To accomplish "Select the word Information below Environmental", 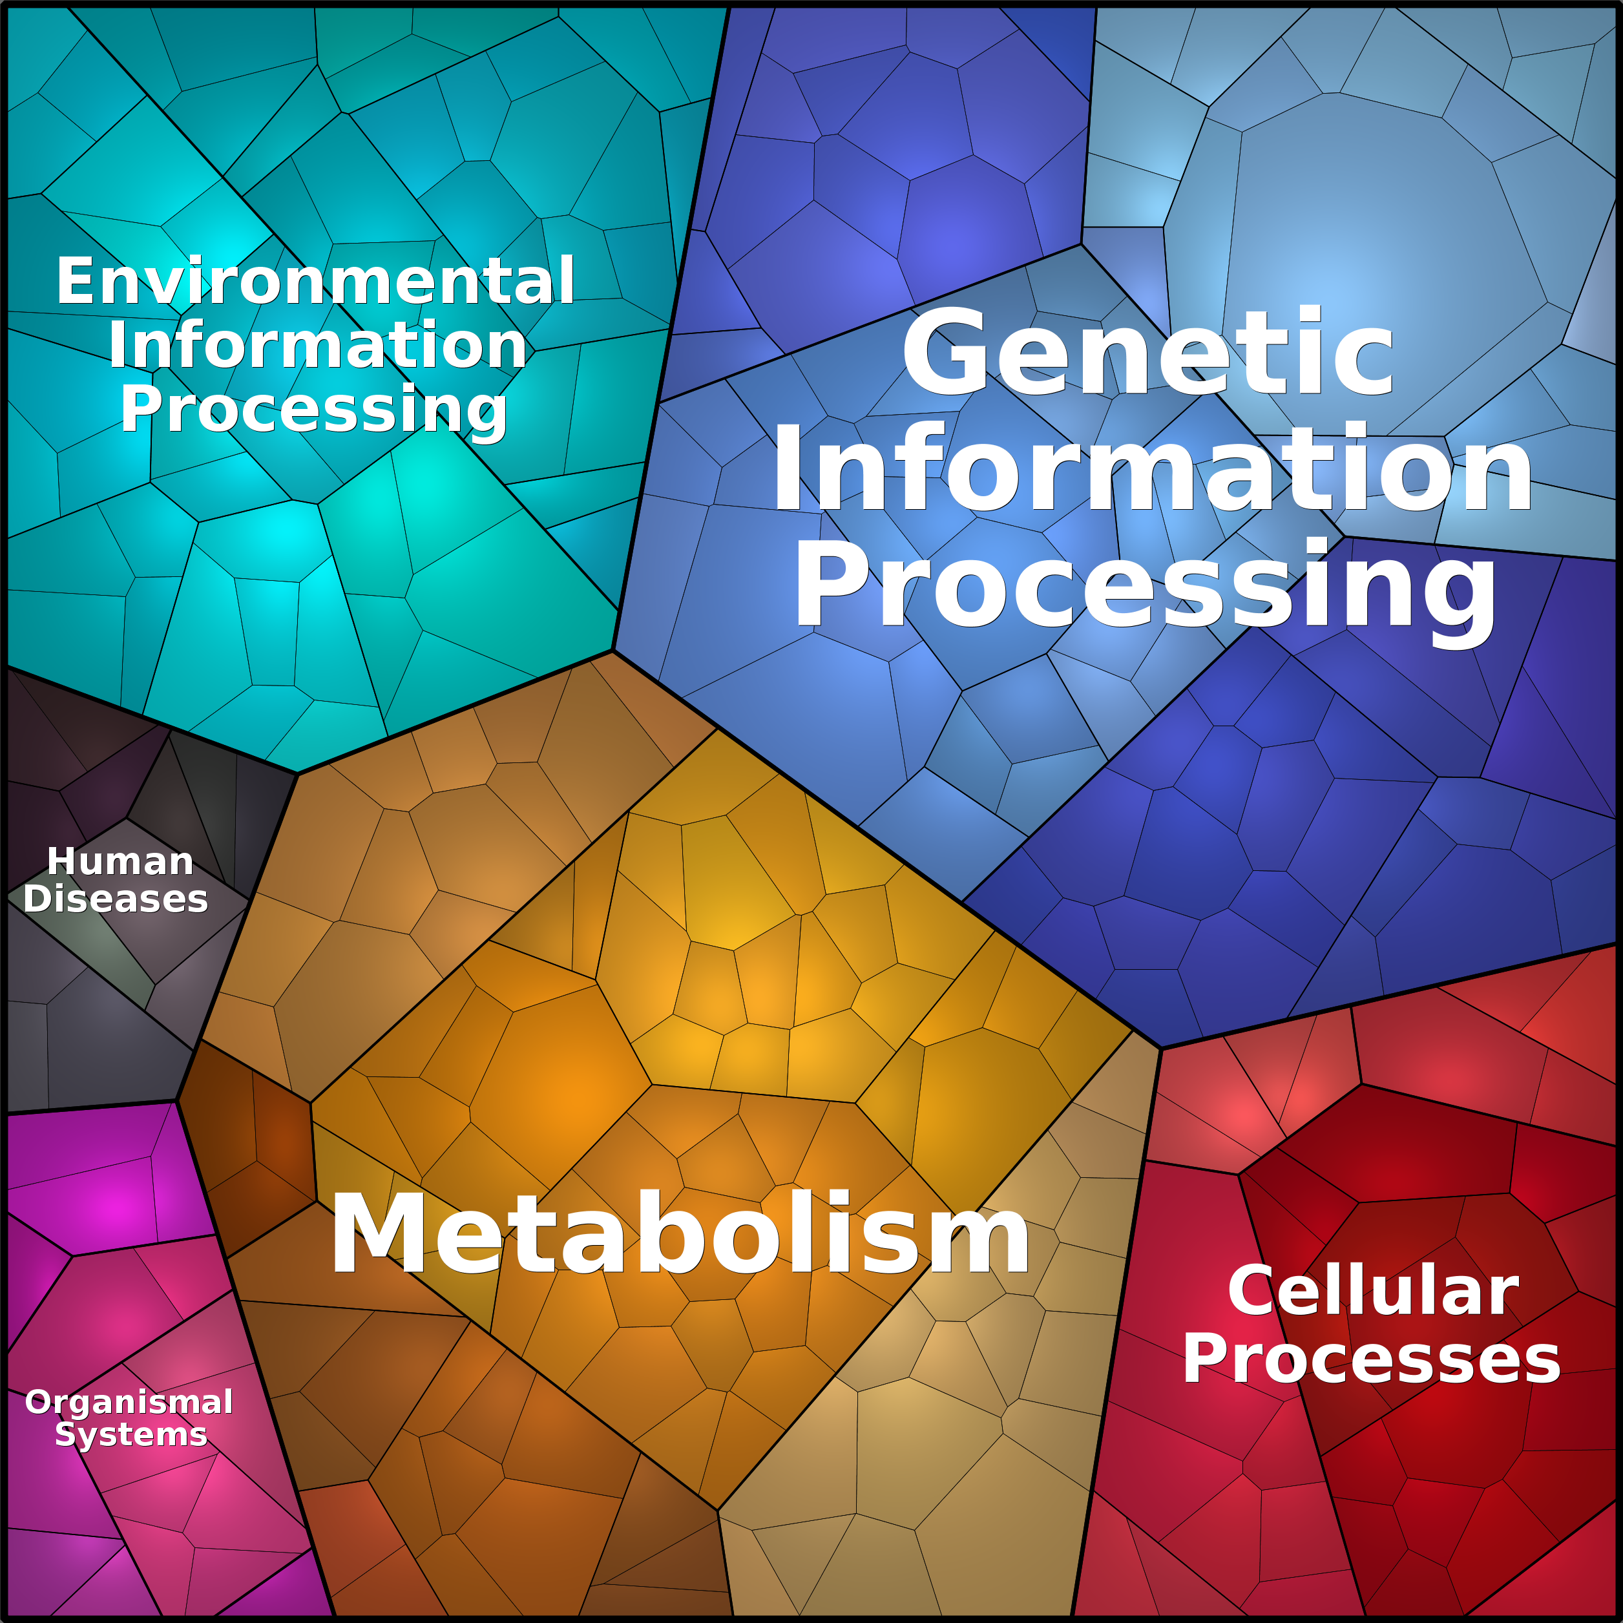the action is [x=317, y=345].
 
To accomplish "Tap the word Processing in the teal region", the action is [x=314, y=410].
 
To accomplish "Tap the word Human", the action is [x=120, y=861].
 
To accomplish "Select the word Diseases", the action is [x=116, y=899].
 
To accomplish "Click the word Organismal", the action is [x=129, y=1401].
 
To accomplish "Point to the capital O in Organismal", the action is [x=40, y=1401].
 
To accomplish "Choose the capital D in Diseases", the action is [x=39, y=899].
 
